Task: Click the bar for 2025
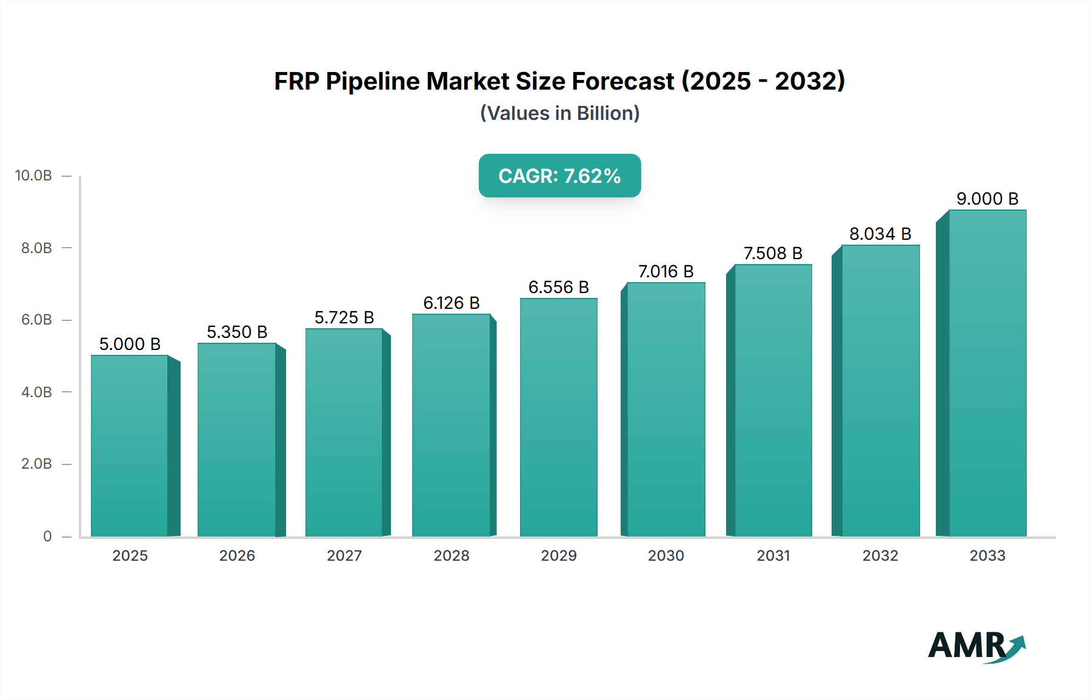[x=129, y=446]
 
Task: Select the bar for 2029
[x=558, y=418]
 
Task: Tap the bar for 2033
[x=987, y=373]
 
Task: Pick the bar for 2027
[x=344, y=432]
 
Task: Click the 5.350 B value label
[x=237, y=332]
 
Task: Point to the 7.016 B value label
[x=666, y=271]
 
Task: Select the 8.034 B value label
[x=880, y=234]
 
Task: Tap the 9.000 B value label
[x=987, y=199]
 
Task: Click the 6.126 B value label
[x=451, y=303]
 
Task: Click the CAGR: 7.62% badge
[x=559, y=176]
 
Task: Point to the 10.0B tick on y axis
[x=33, y=176]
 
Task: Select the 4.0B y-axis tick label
[x=36, y=392]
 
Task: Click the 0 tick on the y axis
[x=47, y=536]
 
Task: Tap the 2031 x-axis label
[x=773, y=555]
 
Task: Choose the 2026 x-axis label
[x=237, y=555]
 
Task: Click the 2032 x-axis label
[x=880, y=555]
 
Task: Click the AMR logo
[x=976, y=646]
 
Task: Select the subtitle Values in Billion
[x=559, y=113]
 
